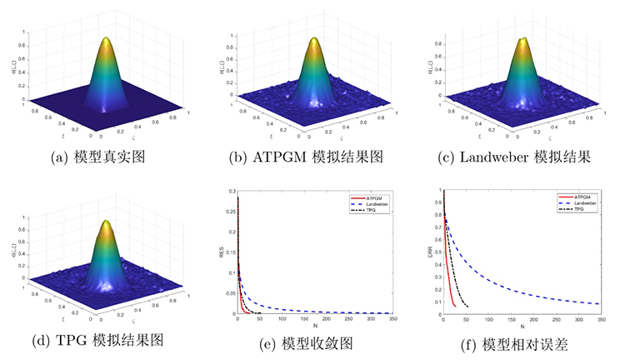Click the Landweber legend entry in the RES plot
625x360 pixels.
coord(380,203)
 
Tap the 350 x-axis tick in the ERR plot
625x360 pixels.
coord(599,320)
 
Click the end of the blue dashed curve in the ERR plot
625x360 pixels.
coord(599,303)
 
